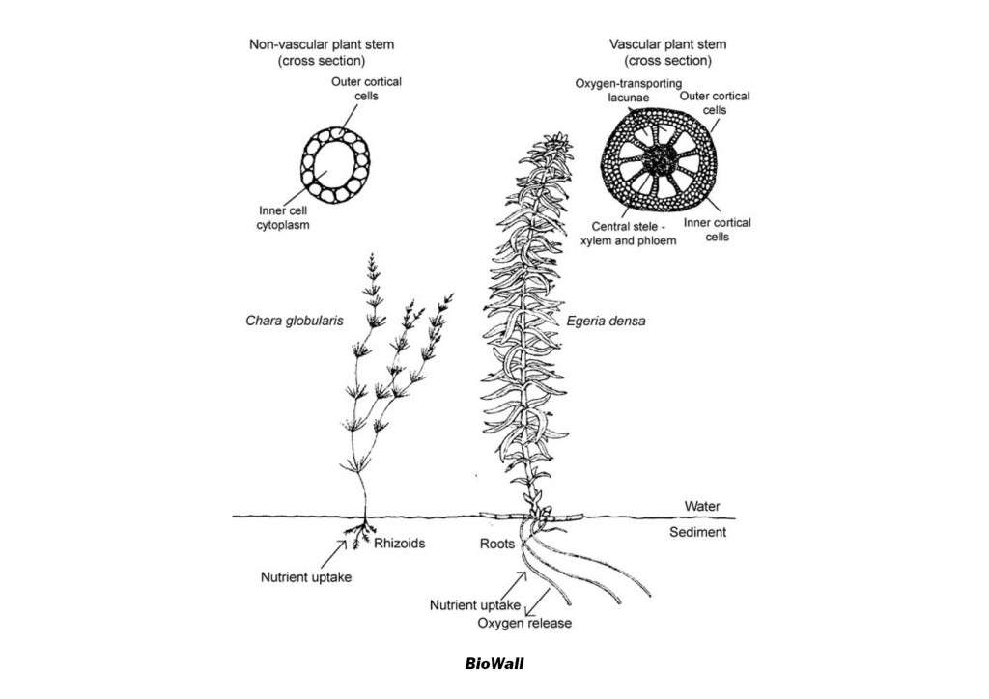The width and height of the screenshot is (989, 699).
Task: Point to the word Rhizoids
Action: (399, 544)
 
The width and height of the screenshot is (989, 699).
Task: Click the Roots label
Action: (497, 544)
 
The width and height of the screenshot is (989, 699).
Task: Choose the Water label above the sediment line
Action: (702, 506)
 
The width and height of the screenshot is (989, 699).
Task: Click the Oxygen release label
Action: (524, 623)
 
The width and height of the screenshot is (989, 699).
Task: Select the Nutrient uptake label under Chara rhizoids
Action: (306, 578)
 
